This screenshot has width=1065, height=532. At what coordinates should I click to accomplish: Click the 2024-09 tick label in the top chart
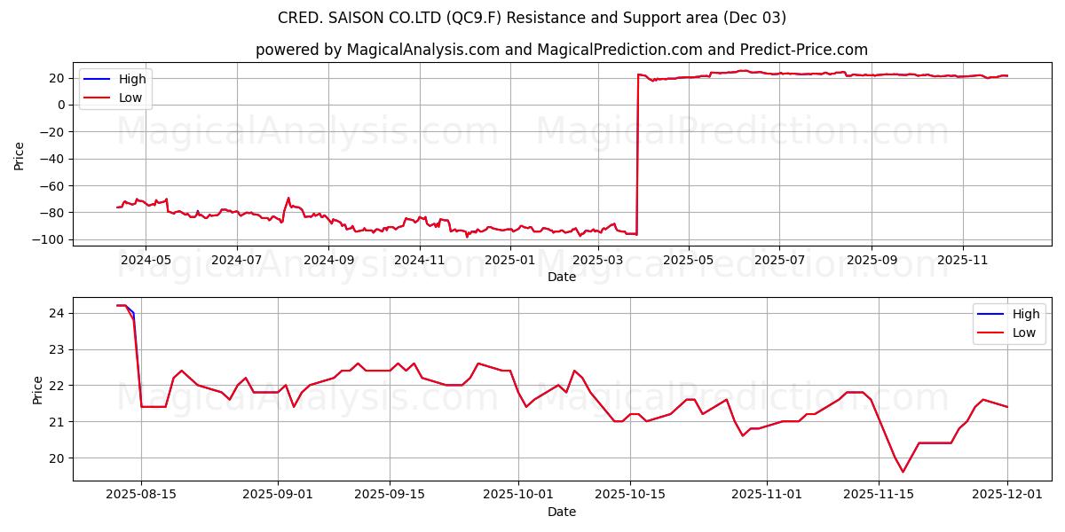328,260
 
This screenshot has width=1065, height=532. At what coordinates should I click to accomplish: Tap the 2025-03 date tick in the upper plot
601,260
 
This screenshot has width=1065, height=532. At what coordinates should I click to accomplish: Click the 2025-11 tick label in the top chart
963,260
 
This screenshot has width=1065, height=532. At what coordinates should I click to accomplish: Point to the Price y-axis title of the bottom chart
37,389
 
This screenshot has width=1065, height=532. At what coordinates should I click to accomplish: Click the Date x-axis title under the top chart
562,277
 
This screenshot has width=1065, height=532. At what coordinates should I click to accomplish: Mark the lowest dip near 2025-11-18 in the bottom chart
903,472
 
